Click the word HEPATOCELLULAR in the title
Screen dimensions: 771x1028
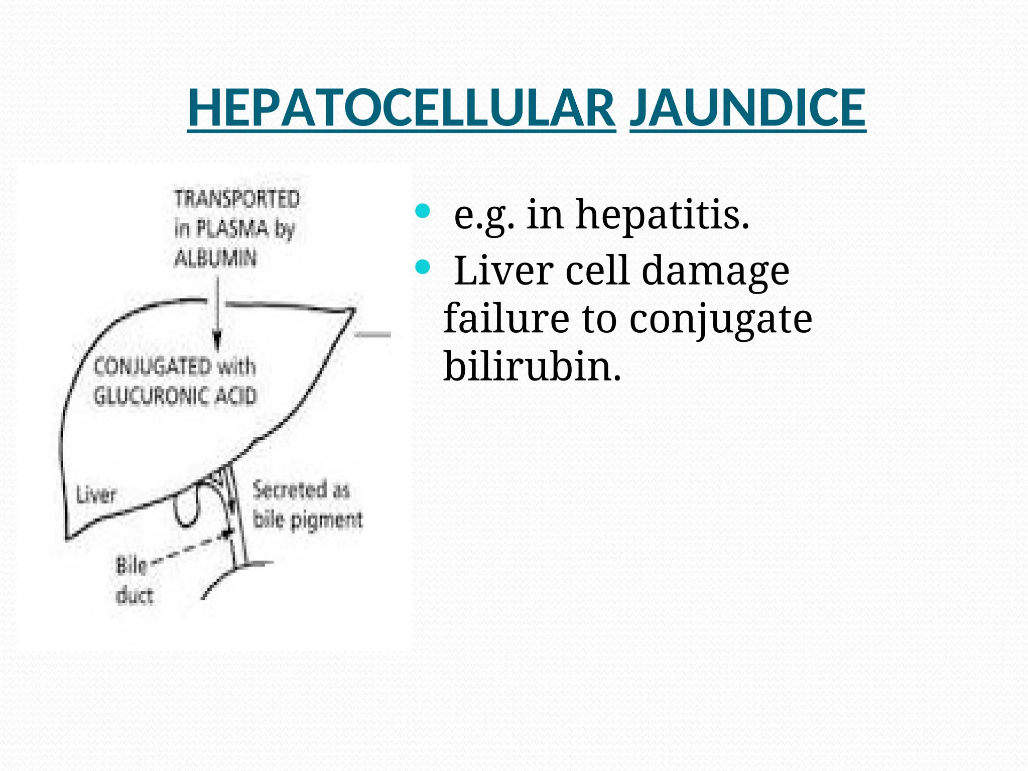tap(401, 108)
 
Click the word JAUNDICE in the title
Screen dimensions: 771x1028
tap(747, 108)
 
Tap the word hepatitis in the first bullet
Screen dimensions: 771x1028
tap(662, 215)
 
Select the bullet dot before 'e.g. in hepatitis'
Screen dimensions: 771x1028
tap(423, 211)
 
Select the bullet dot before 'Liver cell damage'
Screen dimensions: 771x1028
tap(423, 268)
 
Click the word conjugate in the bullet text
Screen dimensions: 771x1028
tap(720, 319)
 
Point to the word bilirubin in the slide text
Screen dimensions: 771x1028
tap(532, 366)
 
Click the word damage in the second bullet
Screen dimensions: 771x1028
tap(715, 271)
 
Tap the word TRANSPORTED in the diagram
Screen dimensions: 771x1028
tap(237, 199)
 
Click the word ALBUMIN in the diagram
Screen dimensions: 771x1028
tap(215, 259)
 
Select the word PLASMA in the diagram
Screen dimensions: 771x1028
tap(232, 229)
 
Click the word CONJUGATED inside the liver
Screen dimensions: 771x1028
tap(153, 366)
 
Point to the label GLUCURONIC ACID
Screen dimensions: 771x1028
tap(175, 396)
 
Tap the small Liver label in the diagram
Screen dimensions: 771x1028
tap(96, 495)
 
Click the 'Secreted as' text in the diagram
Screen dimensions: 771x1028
tap(301, 490)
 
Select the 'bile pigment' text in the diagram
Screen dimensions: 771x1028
tap(307, 520)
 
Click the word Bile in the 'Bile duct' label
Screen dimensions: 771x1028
tap(132, 566)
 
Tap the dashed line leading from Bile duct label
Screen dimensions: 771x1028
tap(191, 548)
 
